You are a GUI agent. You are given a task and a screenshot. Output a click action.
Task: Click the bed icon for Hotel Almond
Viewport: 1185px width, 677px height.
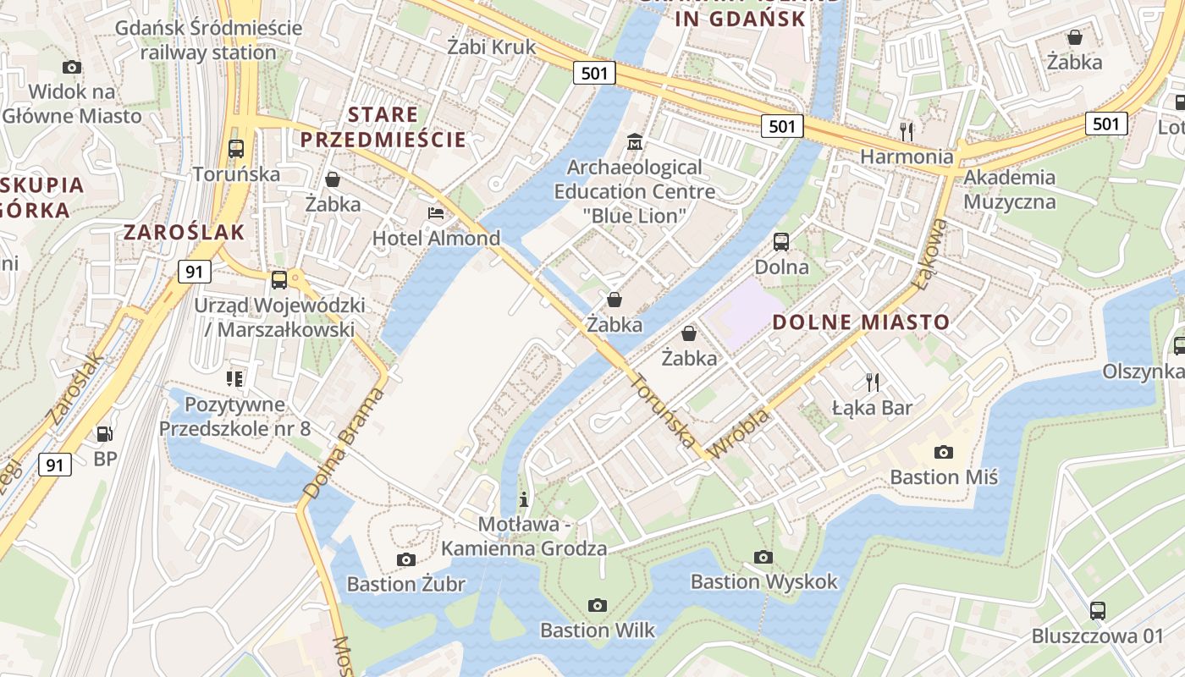pyautogui.click(x=436, y=212)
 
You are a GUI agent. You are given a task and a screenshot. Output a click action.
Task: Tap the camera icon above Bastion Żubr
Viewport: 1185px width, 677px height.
pyautogui.click(x=406, y=559)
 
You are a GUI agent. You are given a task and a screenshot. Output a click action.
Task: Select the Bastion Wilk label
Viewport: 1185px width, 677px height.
pyautogui.click(x=598, y=630)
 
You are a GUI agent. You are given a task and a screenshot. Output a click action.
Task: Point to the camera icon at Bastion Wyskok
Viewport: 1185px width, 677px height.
pyautogui.click(x=763, y=557)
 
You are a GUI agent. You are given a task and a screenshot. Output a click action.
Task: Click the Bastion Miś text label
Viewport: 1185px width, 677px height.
pyautogui.click(x=944, y=477)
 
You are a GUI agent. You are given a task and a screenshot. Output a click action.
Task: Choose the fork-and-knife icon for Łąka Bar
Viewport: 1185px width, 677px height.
pyautogui.click(x=873, y=382)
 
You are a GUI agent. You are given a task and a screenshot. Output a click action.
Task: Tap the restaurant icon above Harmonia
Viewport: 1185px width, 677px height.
pyautogui.click(x=907, y=131)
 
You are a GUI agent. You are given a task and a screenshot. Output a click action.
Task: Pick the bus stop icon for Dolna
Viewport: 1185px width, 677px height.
pyautogui.click(x=781, y=241)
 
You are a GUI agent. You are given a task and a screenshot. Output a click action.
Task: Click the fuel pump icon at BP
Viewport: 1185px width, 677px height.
pyautogui.click(x=105, y=434)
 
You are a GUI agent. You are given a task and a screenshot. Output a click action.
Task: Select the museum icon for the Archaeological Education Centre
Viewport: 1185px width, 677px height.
pyautogui.click(x=634, y=141)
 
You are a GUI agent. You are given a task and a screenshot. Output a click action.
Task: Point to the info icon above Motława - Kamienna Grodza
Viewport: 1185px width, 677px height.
pyautogui.click(x=524, y=498)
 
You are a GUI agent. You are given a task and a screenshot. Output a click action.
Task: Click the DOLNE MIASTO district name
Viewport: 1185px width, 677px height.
pyautogui.click(x=861, y=322)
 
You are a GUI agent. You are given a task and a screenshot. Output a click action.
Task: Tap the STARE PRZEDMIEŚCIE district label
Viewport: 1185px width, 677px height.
pyautogui.click(x=383, y=127)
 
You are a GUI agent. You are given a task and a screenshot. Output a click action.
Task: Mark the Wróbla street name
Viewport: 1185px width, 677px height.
pyautogui.click(x=739, y=434)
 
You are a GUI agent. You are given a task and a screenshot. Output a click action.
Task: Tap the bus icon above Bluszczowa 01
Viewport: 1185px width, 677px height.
pyautogui.click(x=1098, y=610)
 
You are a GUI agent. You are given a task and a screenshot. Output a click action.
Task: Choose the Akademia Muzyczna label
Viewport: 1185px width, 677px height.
pyautogui.click(x=1010, y=190)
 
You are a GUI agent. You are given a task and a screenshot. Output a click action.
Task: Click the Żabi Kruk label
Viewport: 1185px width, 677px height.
pyautogui.click(x=492, y=47)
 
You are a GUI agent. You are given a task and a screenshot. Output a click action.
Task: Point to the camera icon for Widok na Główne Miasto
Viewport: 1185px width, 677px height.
pyautogui.click(x=72, y=67)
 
